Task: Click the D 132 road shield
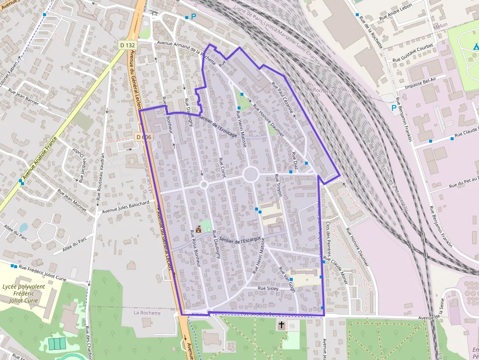coord(127,45)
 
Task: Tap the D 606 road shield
coord(144,137)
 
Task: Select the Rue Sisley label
coord(268,289)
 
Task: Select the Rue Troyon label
coord(278,185)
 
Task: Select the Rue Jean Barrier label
coord(23,97)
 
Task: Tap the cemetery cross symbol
coord(282,325)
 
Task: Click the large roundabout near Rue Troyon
coord(251,174)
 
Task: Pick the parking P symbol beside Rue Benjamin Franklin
coord(394,107)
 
